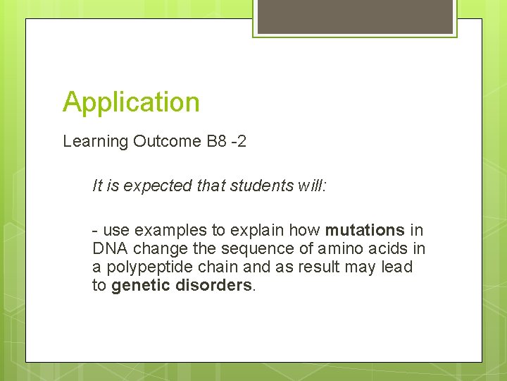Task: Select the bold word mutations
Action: (x=365, y=230)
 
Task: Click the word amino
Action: (x=333, y=249)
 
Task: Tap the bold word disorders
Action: (x=216, y=286)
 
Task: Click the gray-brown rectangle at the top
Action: (x=355, y=16)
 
